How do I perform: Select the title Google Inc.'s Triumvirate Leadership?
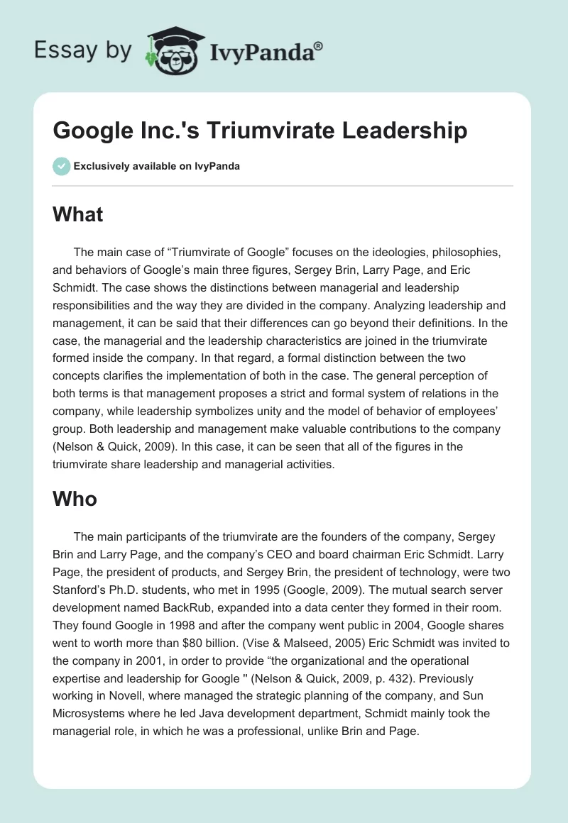(260, 131)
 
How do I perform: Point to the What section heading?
(78, 215)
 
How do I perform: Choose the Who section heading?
(75, 499)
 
